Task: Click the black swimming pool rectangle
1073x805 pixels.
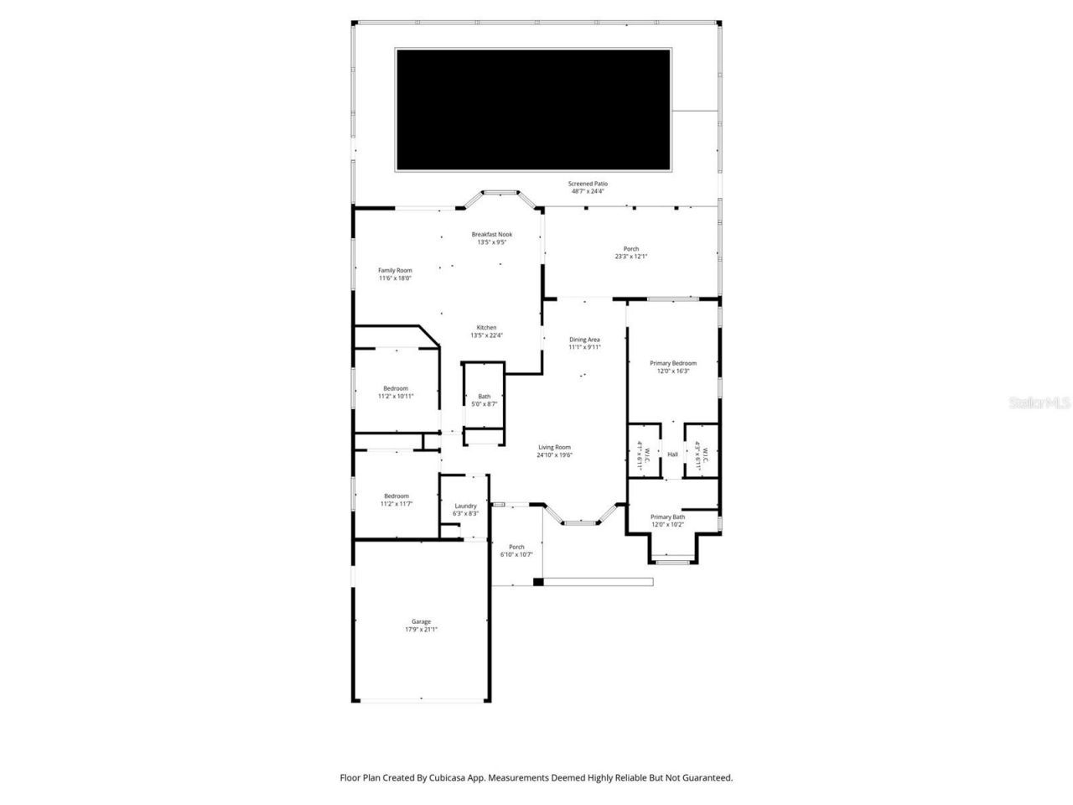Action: [533, 110]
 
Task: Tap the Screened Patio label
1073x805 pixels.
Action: [588, 187]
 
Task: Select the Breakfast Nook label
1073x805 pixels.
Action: [492, 238]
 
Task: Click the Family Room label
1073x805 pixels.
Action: [395, 274]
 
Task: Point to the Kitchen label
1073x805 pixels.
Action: [487, 331]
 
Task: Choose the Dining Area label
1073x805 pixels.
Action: [584, 343]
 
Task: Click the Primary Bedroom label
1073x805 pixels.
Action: [673, 366]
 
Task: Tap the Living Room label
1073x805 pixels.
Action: [554, 451]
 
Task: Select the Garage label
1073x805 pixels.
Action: [421, 625]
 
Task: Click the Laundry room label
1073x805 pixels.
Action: [465, 509]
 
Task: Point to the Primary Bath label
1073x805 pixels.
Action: [668, 521]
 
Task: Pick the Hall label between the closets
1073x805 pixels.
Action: [672, 454]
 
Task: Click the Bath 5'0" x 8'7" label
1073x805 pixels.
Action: [485, 400]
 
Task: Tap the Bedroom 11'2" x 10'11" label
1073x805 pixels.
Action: [396, 392]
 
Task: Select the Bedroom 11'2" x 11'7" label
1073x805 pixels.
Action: [396, 500]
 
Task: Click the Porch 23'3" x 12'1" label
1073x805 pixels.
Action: [631, 252]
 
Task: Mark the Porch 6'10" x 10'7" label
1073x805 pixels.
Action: [516, 550]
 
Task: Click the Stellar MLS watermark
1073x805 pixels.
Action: [1040, 403]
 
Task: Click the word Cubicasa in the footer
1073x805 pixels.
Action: [454, 778]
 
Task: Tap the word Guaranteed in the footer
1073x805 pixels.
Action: [706, 778]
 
